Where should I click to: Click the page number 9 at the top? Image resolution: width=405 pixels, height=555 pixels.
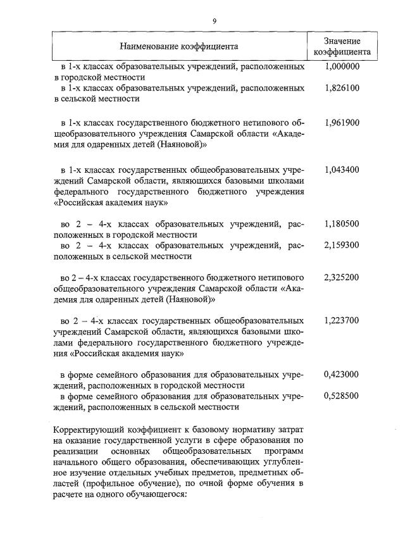[215, 22]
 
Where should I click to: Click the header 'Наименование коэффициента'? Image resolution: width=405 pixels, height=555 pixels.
[180, 46]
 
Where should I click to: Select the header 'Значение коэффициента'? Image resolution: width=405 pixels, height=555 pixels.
[342, 46]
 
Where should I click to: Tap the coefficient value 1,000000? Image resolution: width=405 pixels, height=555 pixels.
[342, 66]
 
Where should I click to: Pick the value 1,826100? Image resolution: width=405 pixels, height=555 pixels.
[342, 88]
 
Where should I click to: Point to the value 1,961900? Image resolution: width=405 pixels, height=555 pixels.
[342, 123]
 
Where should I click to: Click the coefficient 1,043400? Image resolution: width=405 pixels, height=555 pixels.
[342, 170]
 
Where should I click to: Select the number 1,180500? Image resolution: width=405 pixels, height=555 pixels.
[342, 223]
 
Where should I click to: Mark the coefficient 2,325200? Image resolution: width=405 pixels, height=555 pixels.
[342, 277]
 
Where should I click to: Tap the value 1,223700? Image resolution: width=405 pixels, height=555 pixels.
[342, 320]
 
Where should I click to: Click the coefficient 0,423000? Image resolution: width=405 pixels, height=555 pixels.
[342, 374]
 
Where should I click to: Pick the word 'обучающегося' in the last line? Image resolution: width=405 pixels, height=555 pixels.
[153, 494]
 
